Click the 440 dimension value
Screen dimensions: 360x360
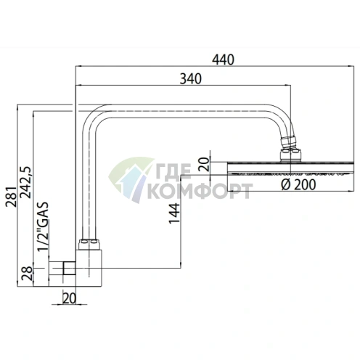pyautogui.click(x=223, y=60)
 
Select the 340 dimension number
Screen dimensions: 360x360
pyautogui.click(x=191, y=79)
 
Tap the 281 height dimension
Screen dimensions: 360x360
pyautogui.click(x=12, y=197)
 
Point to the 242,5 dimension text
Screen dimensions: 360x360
pyautogui.click(x=26, y=182)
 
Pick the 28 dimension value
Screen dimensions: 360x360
pyautogui.click(x=27, y=273)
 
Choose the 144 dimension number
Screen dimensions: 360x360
pyautogui.click(x=174, y=213)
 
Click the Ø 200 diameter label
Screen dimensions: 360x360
pyautogui.click(x=298, y=184)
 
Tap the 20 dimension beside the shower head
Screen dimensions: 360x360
pyautogui.click(x=205, y=164)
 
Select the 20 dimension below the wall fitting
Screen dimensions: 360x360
pyautogui.click(x=69, y=298)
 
